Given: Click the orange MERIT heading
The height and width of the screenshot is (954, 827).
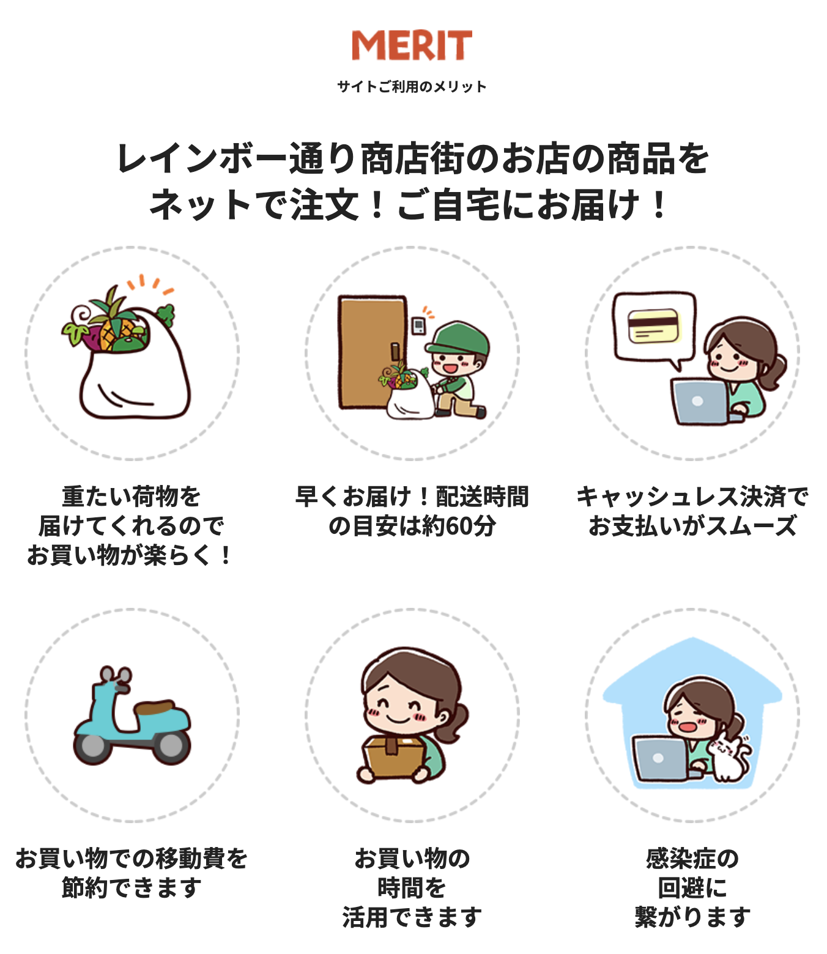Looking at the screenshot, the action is [412, 45].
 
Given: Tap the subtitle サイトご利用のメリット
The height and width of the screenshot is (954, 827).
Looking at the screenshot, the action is [412, 86].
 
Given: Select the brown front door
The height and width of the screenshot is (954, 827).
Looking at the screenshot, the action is [373, 352].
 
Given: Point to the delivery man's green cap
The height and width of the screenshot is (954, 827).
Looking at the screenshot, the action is [459, 338].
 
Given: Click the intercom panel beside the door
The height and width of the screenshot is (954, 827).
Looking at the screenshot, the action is [419, 326].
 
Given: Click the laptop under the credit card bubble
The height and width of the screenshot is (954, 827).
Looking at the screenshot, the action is [700, 402].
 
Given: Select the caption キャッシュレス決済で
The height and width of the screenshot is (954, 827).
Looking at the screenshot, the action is [692, 497].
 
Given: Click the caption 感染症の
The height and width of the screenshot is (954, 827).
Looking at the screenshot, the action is [692, 859].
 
